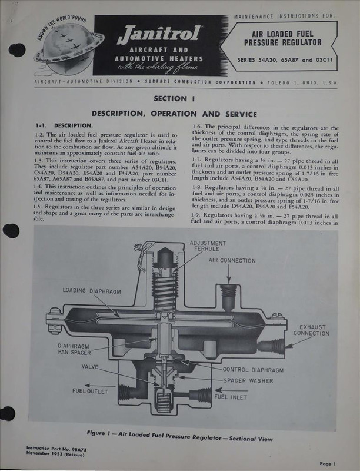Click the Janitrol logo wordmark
point(159,36)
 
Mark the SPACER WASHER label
point(247,380)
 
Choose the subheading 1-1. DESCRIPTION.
point(64,125)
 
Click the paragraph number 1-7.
point(199,159)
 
